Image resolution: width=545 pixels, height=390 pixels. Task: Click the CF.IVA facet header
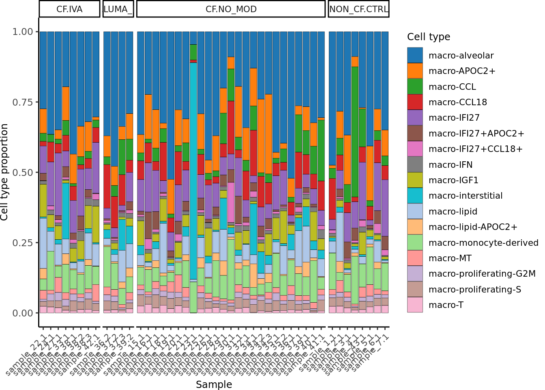[x=69, y=9]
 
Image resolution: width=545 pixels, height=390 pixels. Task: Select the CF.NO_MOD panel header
[x=231, y=9]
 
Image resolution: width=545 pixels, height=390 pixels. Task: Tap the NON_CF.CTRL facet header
[x=358, y=9]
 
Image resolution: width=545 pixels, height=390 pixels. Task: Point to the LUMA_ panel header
[x=118, y=9]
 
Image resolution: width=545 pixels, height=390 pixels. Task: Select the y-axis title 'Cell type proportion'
[x=5, y=172]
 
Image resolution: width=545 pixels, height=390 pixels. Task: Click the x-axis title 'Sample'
[x=214, y=384]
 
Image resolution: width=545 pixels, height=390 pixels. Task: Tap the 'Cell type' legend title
[x=429, y=37]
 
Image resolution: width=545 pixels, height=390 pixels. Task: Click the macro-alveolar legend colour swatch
[x=415, y=55]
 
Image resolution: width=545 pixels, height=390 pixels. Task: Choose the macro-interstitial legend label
[x=466, y=196]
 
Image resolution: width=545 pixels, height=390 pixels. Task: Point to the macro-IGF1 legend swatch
[x=415, y=180]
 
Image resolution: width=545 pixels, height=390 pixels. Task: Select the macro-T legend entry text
[x=446, y=305]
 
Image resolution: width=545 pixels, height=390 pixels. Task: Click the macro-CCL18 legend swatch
[x=415, y=102]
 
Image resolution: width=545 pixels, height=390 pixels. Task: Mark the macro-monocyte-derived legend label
[x=483, y=243]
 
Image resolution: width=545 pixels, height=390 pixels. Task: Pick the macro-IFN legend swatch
[x=415, y=165]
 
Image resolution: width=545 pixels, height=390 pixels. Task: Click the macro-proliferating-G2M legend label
[x=482, y=274]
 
